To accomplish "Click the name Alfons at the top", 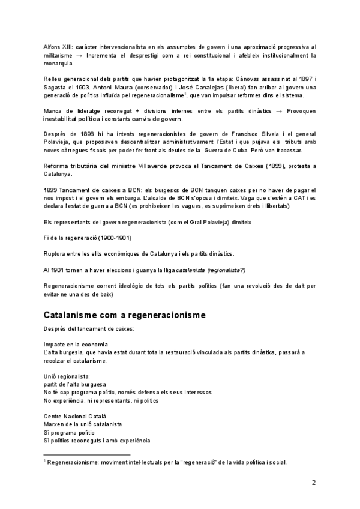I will pyautogui.click(x=52, y=46).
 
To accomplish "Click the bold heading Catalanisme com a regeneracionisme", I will pyautogui.click(x=124, y=315).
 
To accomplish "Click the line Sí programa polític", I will pyautogui.click(x=70, y=432).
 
